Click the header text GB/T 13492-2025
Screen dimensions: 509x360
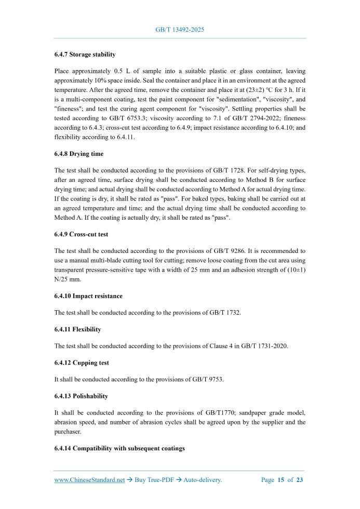180,30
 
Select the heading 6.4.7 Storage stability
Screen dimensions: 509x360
85,54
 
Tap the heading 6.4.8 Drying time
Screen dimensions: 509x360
78,154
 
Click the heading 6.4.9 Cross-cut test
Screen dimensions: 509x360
81,234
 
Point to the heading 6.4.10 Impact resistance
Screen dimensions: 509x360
88,296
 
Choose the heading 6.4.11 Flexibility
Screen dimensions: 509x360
77,329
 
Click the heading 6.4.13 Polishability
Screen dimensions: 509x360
81,396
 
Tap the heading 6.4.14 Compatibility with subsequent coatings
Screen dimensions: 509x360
119,448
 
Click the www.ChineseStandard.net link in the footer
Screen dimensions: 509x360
89,480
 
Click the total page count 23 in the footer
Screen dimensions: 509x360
299,480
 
